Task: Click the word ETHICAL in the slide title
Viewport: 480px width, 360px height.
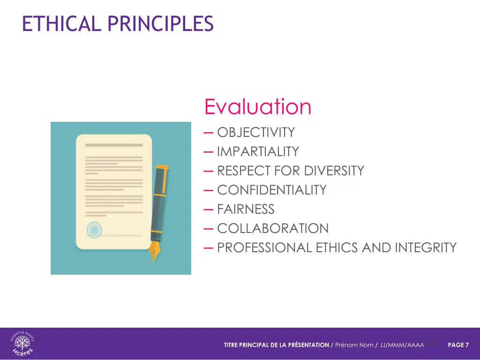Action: pos(61,23)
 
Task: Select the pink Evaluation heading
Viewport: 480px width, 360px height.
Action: pos(257,107)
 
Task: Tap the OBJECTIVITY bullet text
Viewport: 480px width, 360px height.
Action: pos(256,133)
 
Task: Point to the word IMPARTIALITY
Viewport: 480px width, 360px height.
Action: pos(258,152)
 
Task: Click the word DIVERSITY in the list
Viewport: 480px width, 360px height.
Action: pos(334,171)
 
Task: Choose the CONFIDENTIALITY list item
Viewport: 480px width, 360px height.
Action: pos(272,190)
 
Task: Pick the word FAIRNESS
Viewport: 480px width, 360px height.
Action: pos(246,210)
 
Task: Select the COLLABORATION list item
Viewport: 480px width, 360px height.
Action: pos(273,229)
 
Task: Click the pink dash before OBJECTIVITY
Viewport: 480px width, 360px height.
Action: pos(209,133)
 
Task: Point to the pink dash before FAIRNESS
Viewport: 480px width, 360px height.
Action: pos(209,210)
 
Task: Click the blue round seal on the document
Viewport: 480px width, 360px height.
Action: pos(94,230)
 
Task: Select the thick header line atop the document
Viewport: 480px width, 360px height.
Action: pos(114,145)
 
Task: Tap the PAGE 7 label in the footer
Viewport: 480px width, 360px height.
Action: pos(458,345)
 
